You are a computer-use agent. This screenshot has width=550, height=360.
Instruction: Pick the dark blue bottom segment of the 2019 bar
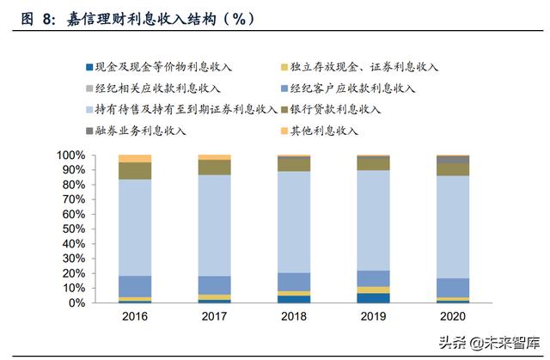click(373, 298)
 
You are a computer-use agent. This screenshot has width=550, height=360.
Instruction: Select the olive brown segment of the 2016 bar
click(135, 170)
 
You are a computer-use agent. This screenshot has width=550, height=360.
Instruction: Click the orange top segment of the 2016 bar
click(135, 158)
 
